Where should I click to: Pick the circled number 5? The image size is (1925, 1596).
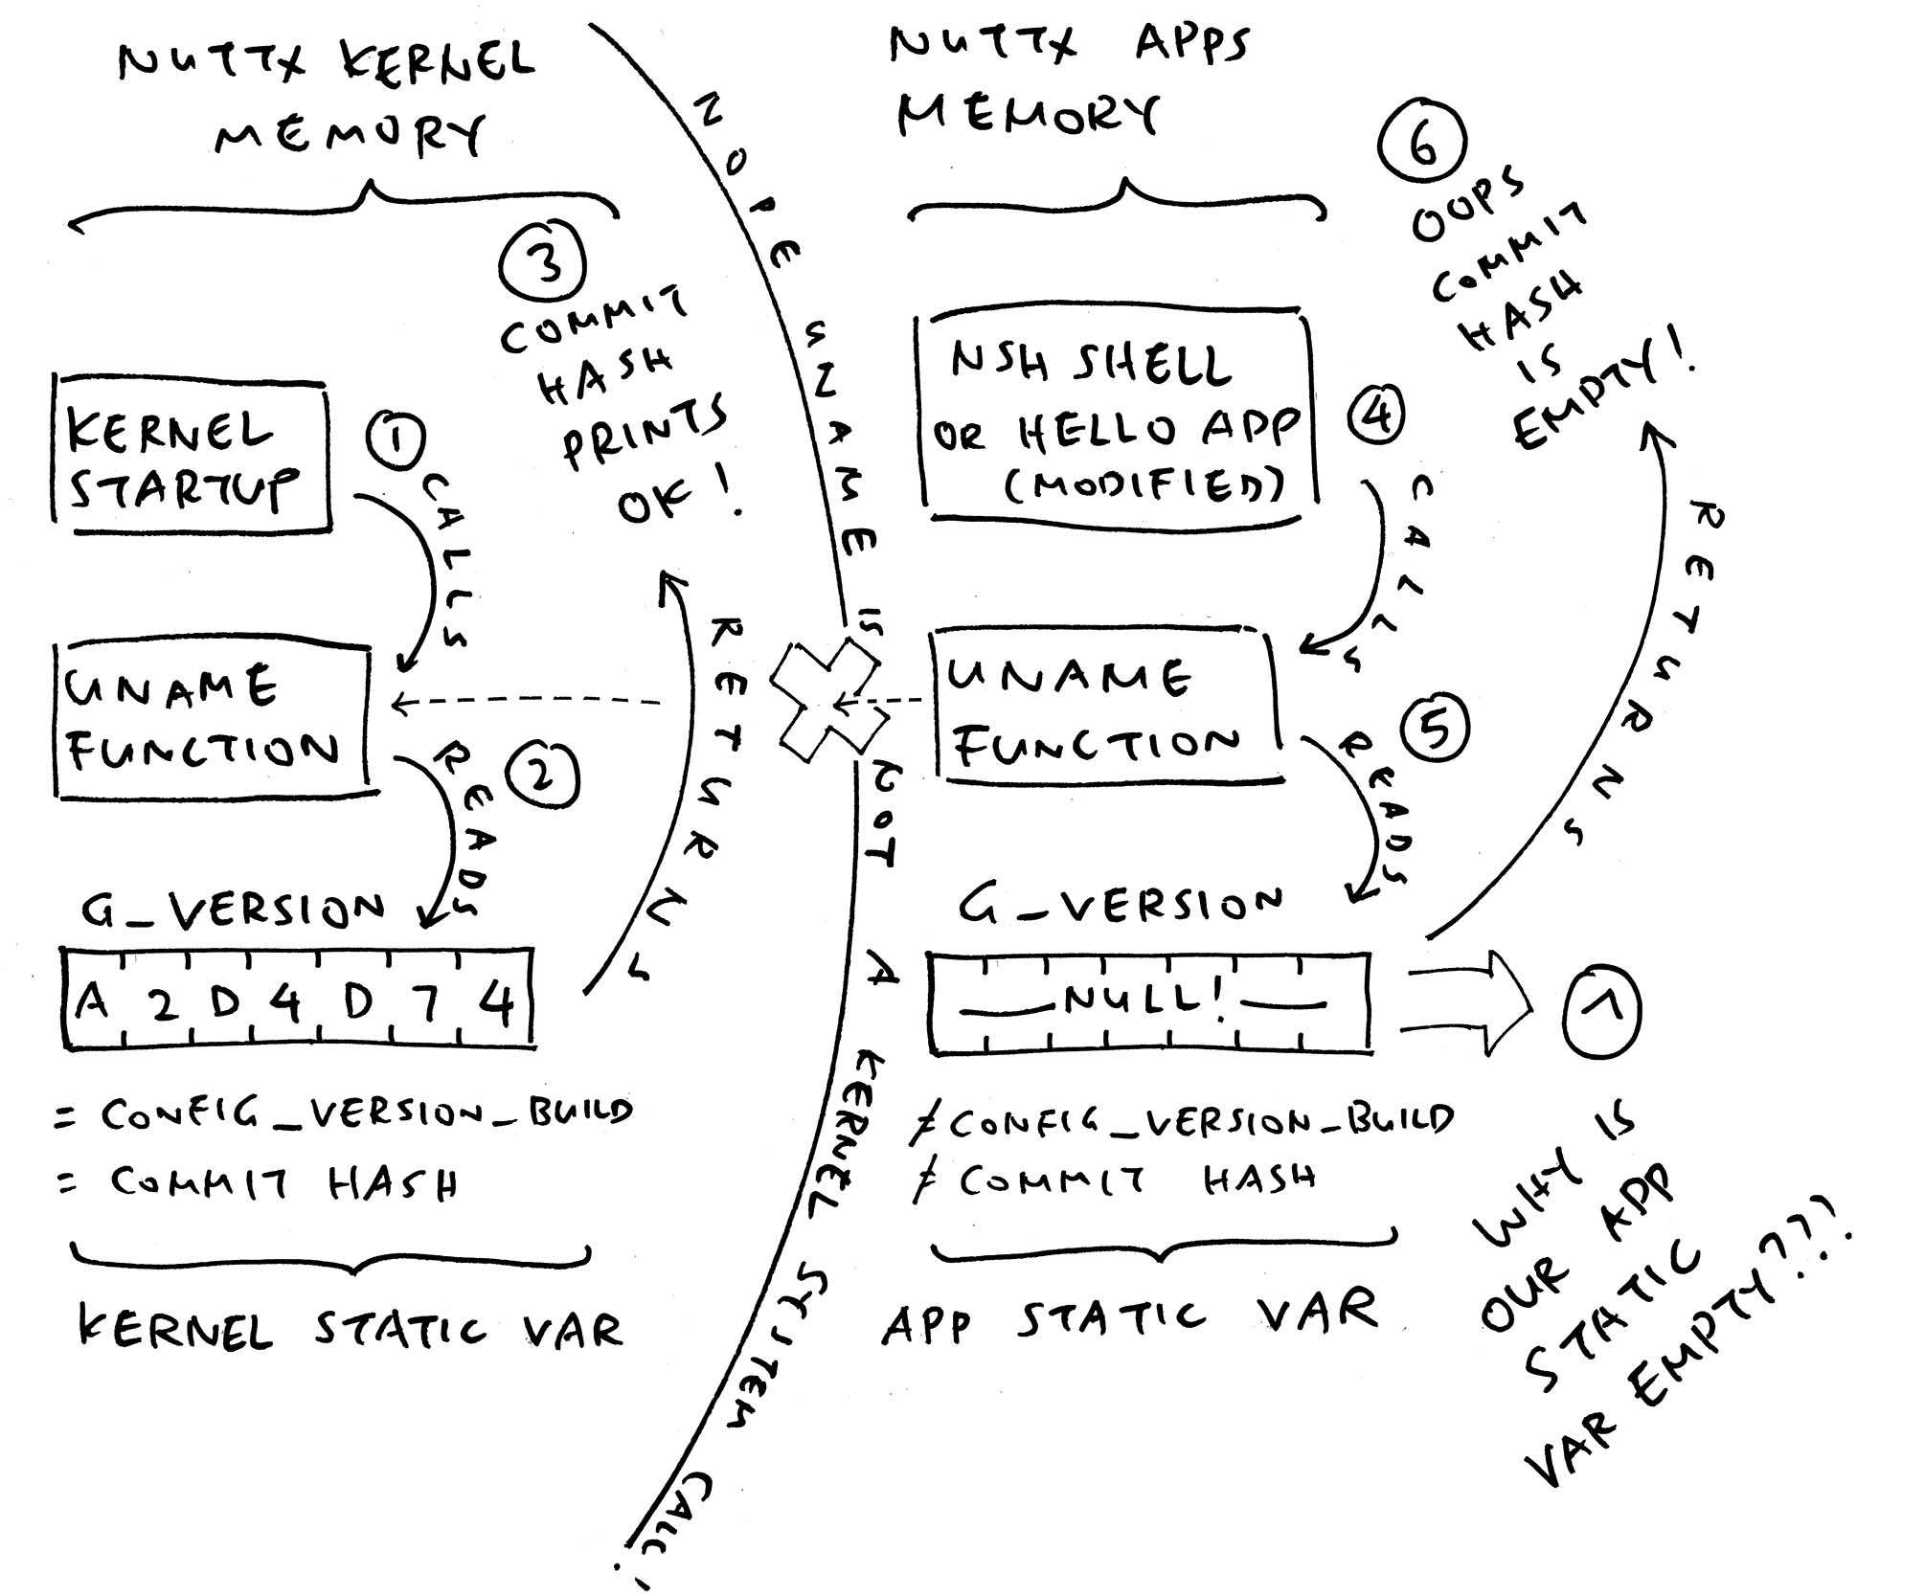1434,729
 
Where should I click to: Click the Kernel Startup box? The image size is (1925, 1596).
192,457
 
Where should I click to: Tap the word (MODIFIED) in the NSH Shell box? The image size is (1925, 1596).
1143,486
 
